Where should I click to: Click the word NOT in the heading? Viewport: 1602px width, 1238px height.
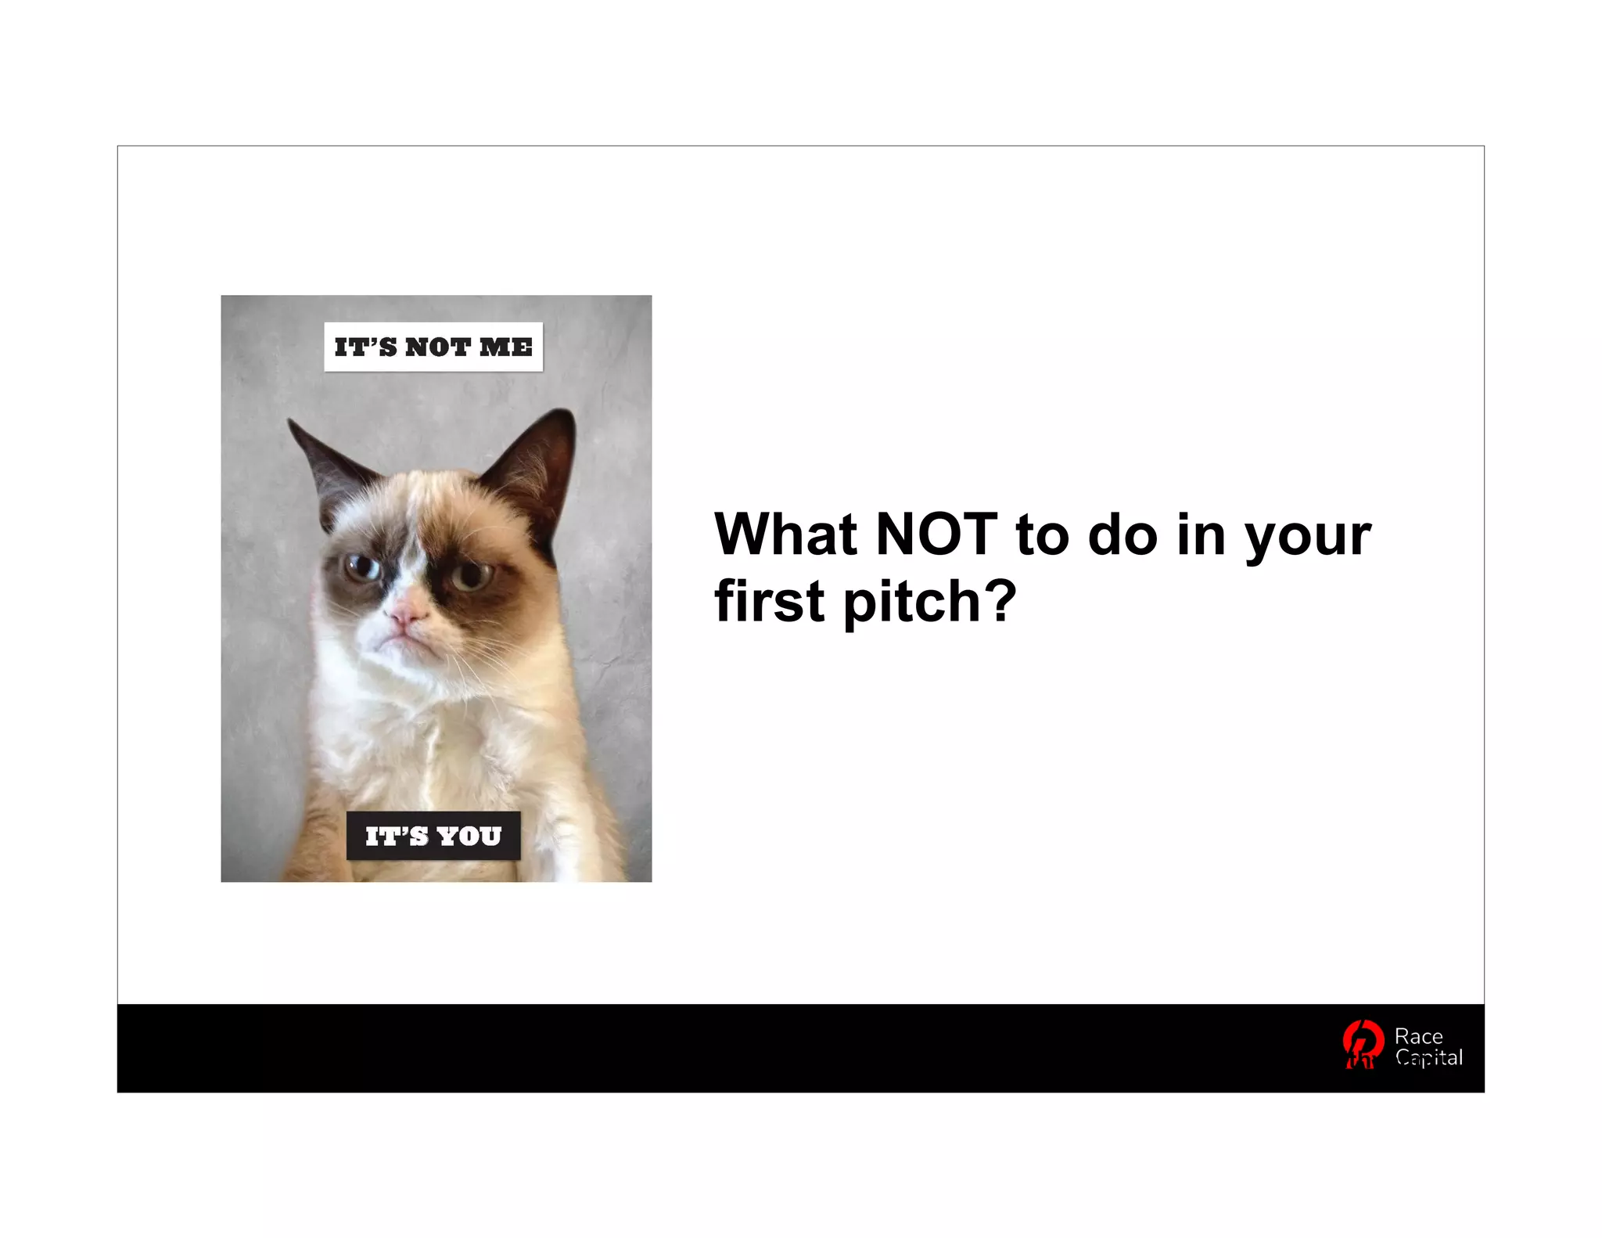pyautogui.click(x=936, y=534)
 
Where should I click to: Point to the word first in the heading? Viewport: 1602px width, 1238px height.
pyautogui.click(x=770, y=601)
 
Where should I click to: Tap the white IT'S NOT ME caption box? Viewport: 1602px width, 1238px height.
pyautogui.click(x=433, y=347)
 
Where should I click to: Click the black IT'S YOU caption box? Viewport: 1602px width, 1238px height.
pyautogui.click(x=433, y=837)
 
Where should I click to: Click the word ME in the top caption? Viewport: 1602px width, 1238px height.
pyautogui.click(x=506, y=347)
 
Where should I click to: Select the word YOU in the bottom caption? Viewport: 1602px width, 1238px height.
pyautogui.click(x=469, y=837)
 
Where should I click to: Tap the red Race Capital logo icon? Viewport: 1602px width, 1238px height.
pyautogui.click(x=1362, y=1045)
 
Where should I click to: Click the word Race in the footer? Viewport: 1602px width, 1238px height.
pyautogui.click(x=1418, y=1036)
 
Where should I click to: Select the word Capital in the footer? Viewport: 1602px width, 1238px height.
pyautogui.click(x=1429, y=1058)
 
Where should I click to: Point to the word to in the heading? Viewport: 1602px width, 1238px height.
pyautogui.click(x=1043, y=534)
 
